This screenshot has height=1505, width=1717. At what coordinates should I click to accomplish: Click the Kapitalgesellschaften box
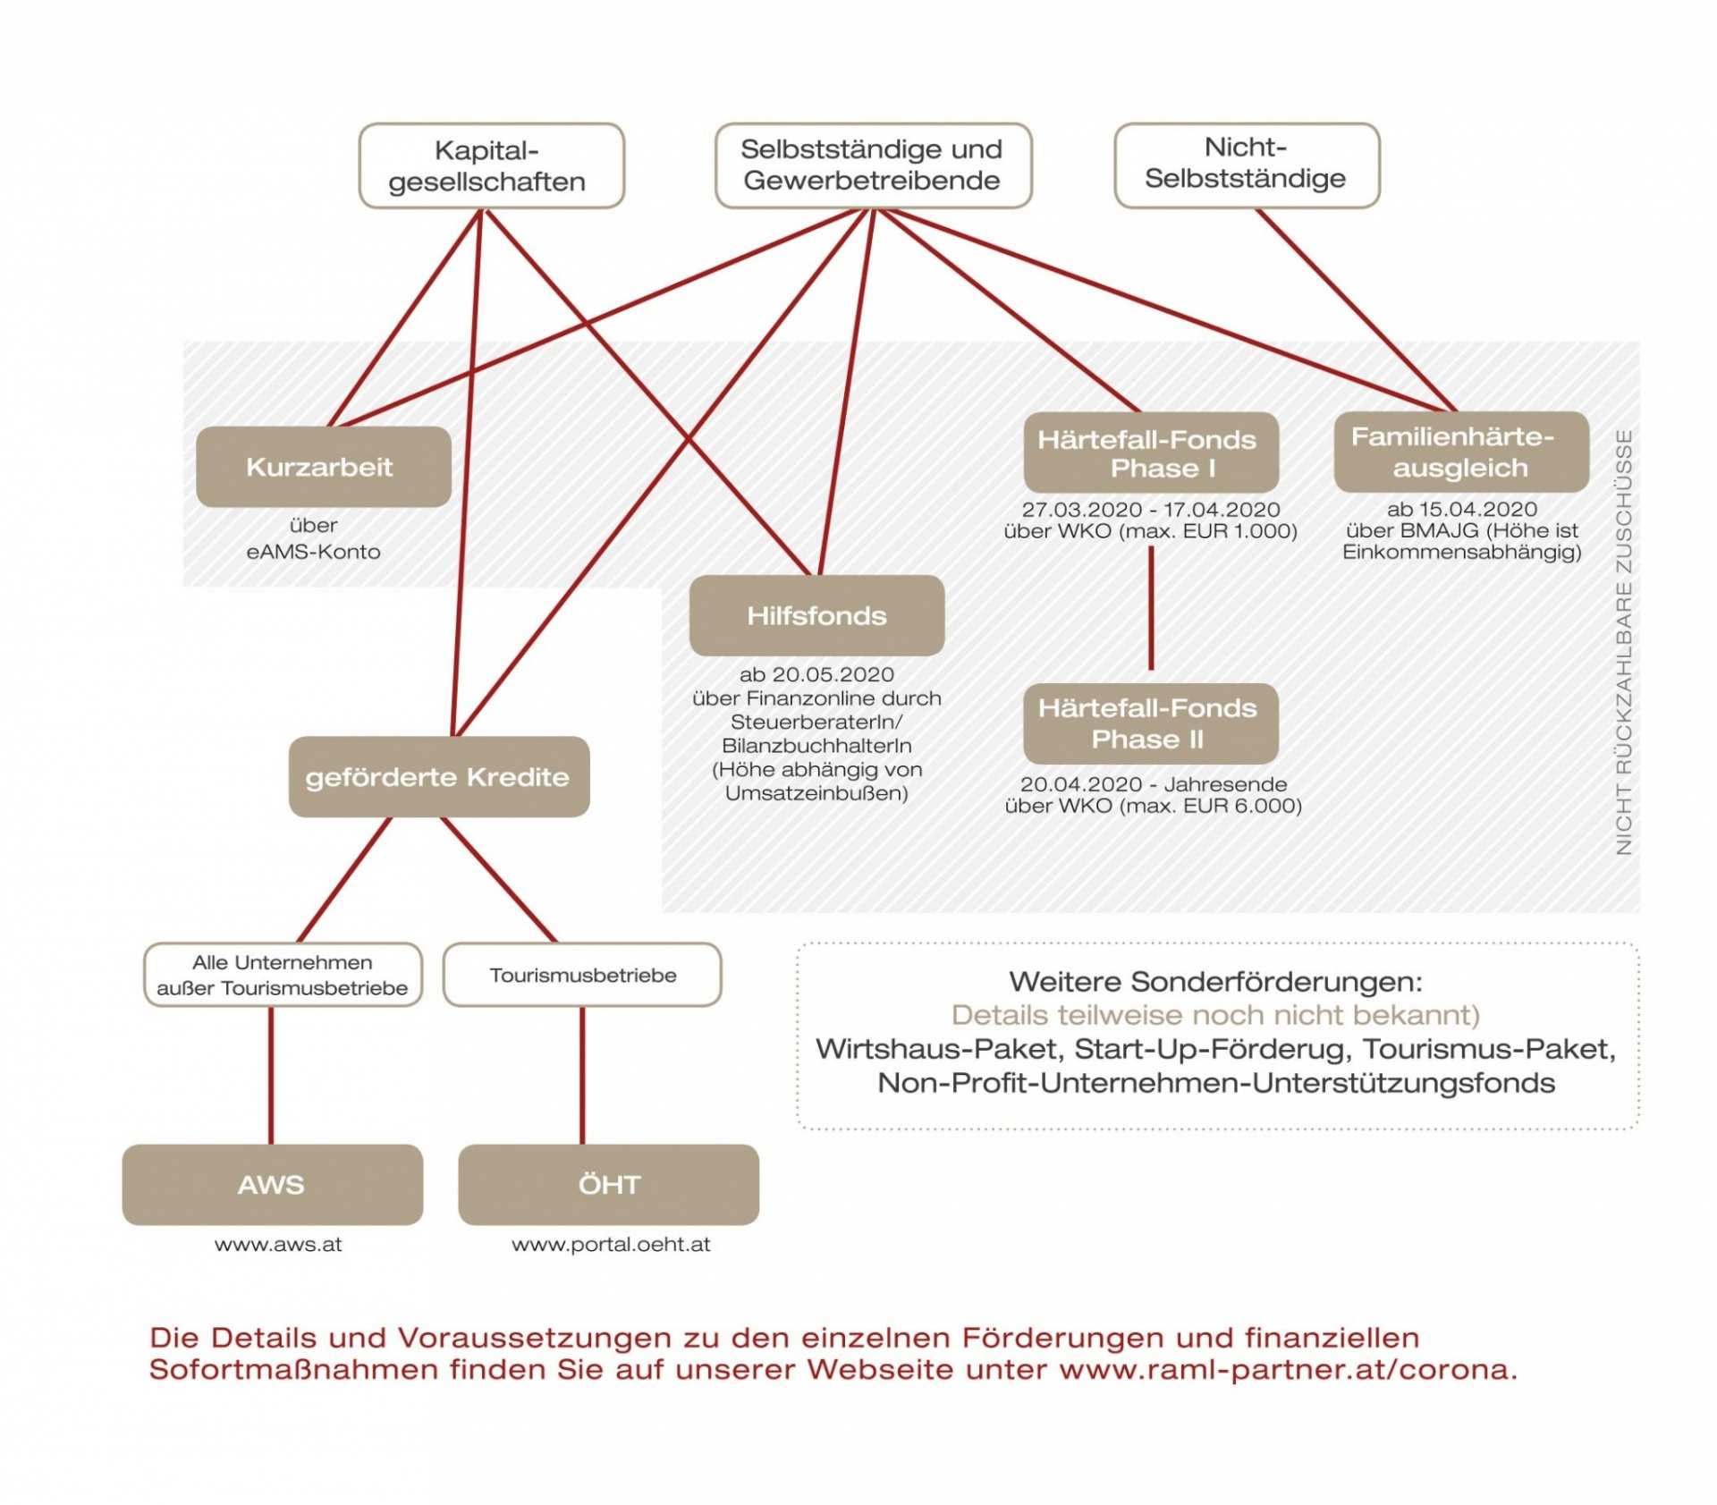pos(491,165)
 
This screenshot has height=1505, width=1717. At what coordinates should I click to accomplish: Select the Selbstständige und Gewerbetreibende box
pos(873,165)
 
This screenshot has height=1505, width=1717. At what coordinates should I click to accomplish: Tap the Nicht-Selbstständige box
pos(1246,165)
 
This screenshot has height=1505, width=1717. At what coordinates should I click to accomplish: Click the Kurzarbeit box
pos(323,467)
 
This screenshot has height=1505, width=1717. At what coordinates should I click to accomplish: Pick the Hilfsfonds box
pos(816,615)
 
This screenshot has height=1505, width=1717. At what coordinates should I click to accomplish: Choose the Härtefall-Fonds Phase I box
pos(1150,452)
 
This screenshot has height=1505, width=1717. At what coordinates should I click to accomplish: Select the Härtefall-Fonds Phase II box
pos(1150,723)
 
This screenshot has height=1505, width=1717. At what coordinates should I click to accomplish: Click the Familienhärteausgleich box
pos(1460,452)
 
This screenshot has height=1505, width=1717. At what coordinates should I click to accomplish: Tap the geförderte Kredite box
pos(438,776)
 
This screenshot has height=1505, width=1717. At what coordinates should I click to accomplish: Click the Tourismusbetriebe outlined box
pos(582,975)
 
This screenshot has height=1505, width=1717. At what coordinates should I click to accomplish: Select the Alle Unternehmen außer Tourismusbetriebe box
pos(283,975)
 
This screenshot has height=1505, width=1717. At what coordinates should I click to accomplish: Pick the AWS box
pos(272,1184)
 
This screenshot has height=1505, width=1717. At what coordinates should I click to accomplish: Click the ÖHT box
pos(608,1184)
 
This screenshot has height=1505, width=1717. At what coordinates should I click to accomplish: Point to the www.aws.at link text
pos(278,1244)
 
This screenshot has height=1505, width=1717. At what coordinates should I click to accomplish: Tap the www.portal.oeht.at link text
pos(611,1244)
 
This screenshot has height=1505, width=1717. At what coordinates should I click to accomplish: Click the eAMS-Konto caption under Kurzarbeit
pos(313,551)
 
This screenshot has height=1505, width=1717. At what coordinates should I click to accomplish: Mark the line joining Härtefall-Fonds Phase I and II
pos(1151,608)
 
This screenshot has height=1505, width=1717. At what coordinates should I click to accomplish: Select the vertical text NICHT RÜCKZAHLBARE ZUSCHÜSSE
pos(1624,642)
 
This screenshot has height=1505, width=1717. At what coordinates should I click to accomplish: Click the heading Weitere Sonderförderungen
pos(1215,981)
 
